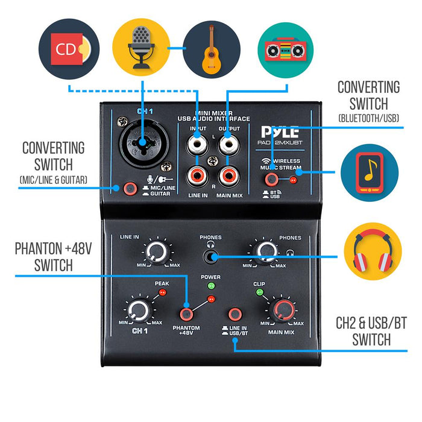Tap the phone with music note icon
tap(369, 172)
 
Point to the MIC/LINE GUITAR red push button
tap(128, 189)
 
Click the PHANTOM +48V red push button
tap(186, 314)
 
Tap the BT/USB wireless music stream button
tap(272, 179)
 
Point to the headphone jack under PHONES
tap(210, 257)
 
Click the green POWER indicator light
tap(210, 286)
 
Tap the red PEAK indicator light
tap(161, 293)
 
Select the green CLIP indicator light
tap(259, 293)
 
